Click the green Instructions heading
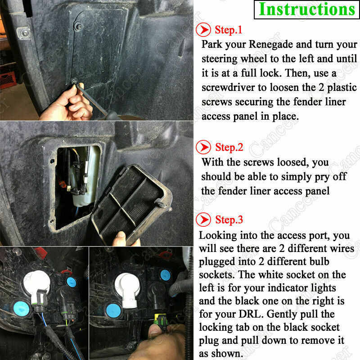307,9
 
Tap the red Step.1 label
229,30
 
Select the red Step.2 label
229,147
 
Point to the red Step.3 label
229,220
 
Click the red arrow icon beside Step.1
203,30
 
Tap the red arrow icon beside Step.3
203,220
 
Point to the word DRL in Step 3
250,314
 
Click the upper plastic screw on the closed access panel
79,27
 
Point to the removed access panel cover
131,204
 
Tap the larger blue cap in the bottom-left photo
21,308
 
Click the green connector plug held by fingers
161,320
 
